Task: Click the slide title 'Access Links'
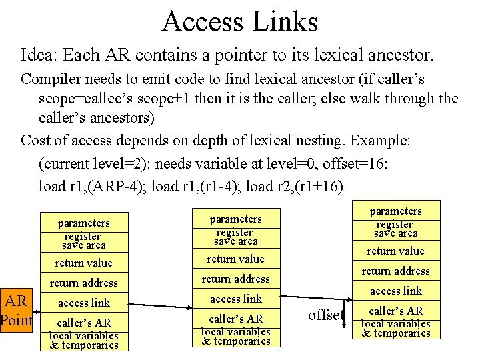click(240, 21)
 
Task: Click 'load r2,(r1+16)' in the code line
click(295, 186)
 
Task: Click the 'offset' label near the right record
click(325, 315)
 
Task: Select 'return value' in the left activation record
click(83, 263)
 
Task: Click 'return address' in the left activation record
click(83, 283)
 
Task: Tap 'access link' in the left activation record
click(83, 303)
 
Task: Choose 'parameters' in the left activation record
click(83, 223)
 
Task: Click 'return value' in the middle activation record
click(235, 259)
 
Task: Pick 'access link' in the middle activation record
click(235, 299)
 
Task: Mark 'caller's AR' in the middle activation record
click(235, 319)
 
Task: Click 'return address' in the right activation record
click(395, 271)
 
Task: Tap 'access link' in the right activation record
click(395, 291)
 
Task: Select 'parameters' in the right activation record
click(395, 211)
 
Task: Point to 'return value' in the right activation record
click(395, 251)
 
